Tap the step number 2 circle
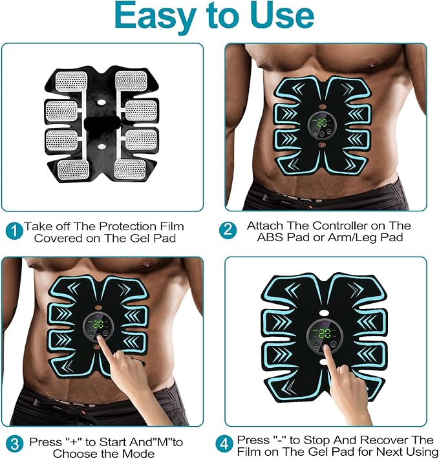click(x=227, y=231)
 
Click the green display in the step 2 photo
click(x=323, y=121)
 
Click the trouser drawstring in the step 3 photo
click(x=97, y=401)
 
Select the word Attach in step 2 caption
click(x=262, y=226)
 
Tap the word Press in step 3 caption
click(x=43, y=442)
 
